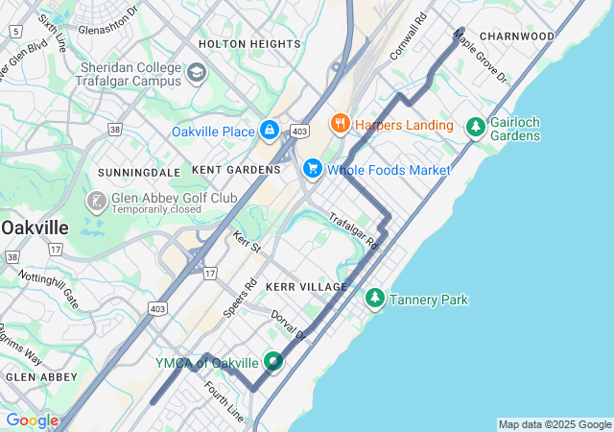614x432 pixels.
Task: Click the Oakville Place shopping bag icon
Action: pyautogui.click(x=270, y=131)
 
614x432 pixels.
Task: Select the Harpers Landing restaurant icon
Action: pyautogui.click(x=339, y=124)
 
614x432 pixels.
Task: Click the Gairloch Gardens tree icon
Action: pyautogui.click(x=475, y=126)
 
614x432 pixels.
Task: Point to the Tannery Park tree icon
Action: pyautogui.click(x=375, y=300)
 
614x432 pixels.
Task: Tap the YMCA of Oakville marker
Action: pyautogui.click(x=274, y=362)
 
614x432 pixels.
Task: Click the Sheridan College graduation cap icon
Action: pyautogui.click(x=197, y=73)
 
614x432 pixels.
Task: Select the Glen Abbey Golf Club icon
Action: pyautogui.click(x=97, y=202)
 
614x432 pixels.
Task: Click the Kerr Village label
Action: pyautogui.click(x=306, y=287)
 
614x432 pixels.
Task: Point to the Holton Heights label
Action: pyautogui.click(x=249, y=44)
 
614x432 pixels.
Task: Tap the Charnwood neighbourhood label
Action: pyautogui.click(x=517, y=36)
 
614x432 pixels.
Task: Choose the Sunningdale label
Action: pyautogui.click(x=140, y=172)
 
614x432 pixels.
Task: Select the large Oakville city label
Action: pyautogui.click(x=35, y=228)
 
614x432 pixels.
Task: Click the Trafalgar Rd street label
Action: pyautogui.click(x=354, y=231)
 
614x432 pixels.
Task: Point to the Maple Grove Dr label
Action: pyautogui.click(x=480, y=58)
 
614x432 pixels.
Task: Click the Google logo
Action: pyautogui.click(x=32, y=420)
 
